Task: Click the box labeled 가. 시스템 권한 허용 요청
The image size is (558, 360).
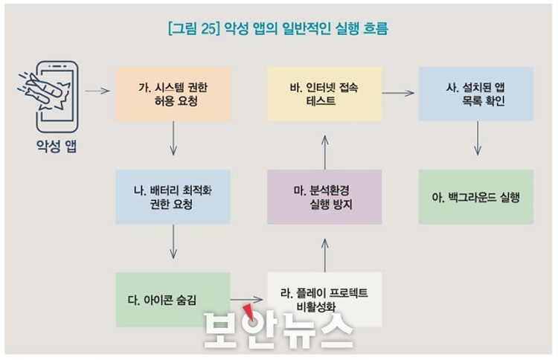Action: click(x=173, y=94)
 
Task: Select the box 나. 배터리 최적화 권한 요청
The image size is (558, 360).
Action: click(x=173, y=196)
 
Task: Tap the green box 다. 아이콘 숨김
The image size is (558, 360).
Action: click(x=173, y=300)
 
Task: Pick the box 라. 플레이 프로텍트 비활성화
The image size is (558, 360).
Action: click(x=324, y=300)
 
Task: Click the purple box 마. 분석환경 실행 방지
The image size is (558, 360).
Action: click(x=324, y=196)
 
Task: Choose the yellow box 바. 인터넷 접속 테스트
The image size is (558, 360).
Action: click(x=324, y=94)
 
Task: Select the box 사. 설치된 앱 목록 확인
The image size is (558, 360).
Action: click(x=476, y=94)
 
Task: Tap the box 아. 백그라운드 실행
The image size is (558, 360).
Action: click(x=476, y=196)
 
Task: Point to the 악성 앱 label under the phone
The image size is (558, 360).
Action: click(x=57, y=146)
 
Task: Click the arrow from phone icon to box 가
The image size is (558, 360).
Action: click(x=97, y=91)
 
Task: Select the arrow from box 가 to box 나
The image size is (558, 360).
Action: click(x=173, y=138)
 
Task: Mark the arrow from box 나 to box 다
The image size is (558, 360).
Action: click(x=173, y=242)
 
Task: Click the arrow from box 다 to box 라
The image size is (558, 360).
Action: click(x=246, y=300)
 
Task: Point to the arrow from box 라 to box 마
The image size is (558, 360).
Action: click(x=324, y=255)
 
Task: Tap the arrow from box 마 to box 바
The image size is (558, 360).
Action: click(x=324, y=152)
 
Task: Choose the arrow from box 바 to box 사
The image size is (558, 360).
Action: click(x=398, y=93)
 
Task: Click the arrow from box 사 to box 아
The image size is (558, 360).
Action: click(x=478, y=138)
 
